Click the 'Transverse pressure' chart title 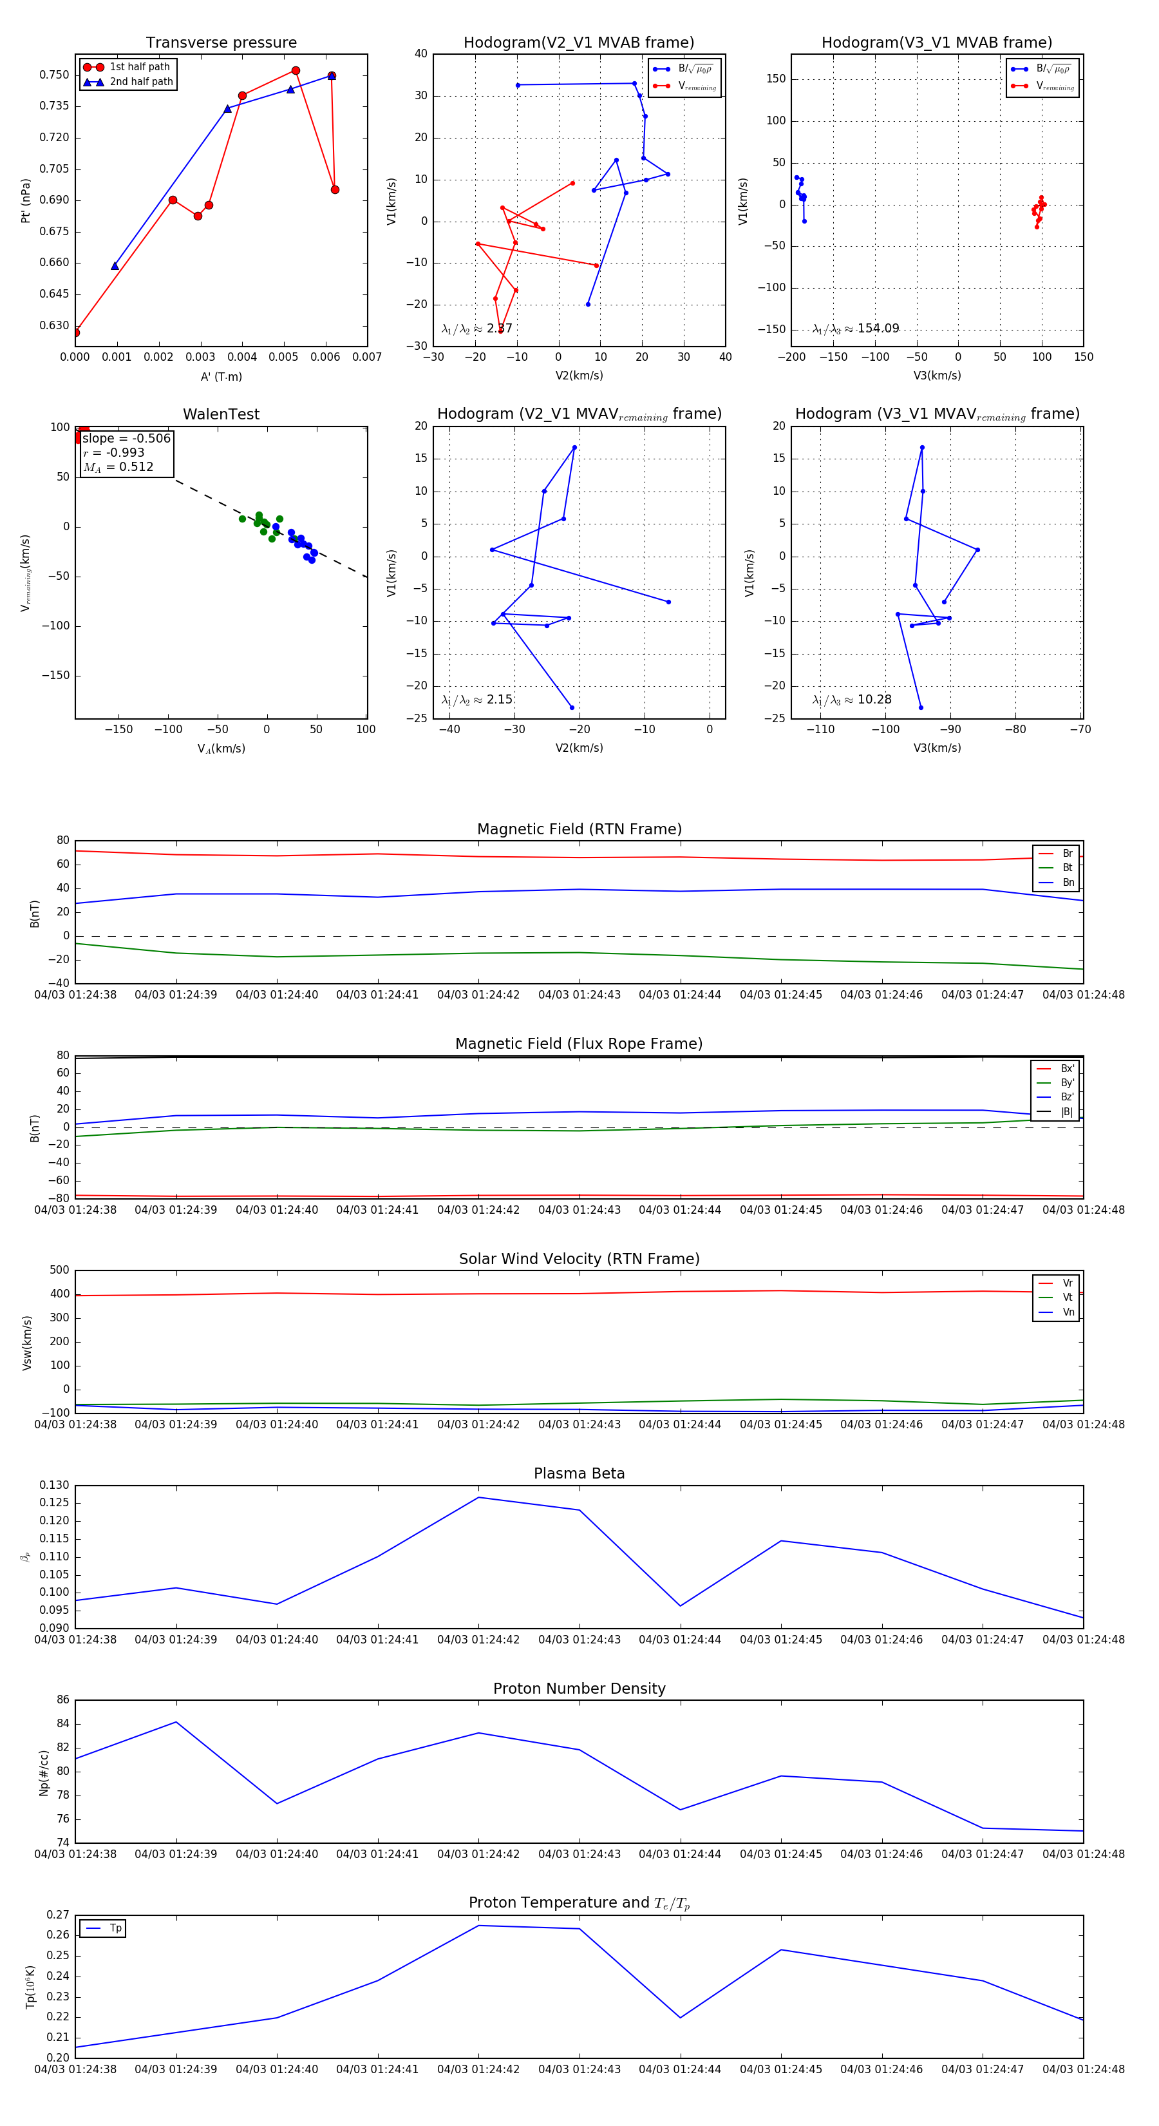tap(221, 43)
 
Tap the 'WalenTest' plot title tap(221, 414)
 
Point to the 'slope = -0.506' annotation tap(126, 438)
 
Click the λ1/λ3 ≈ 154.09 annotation tap(856, 329)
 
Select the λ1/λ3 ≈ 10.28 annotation tap(851, 700)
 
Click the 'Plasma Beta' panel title tap(579, 1474)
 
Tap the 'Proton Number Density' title tap(579, 1689)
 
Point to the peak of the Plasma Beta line tap(478, 1497)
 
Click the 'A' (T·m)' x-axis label tap(221, 376)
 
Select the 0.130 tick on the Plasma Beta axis tap(55, 1486)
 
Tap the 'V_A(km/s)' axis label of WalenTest tap(221, 749)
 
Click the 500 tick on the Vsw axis tap(59, 1270)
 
